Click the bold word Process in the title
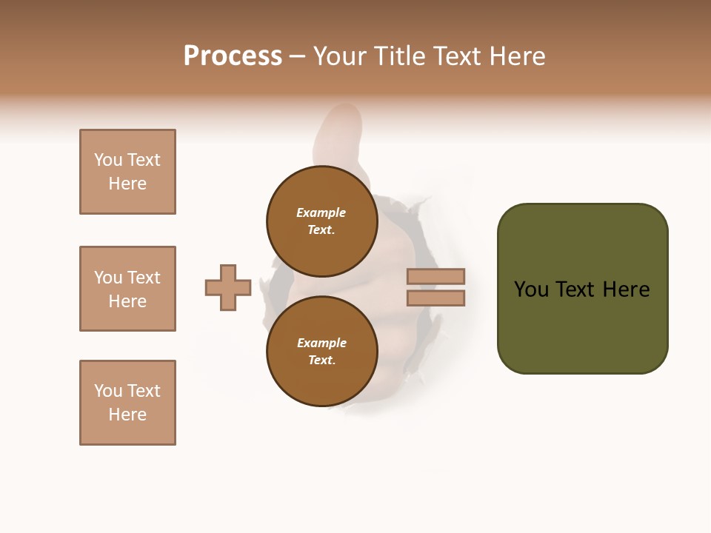(233, 56)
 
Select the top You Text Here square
(127, 172)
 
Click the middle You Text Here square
(127, 289)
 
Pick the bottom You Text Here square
(127, 403)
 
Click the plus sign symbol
(228, 287)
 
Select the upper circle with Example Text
(321, 221)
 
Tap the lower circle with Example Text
(321, 352)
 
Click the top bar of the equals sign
(435, 276)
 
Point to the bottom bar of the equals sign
(435, 298)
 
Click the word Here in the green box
(626, 289)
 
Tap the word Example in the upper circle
(321, 212)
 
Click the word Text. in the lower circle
(321, 361)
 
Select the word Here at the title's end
(518, 56)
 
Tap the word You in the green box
(532, 289)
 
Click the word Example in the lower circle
(321, 343)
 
